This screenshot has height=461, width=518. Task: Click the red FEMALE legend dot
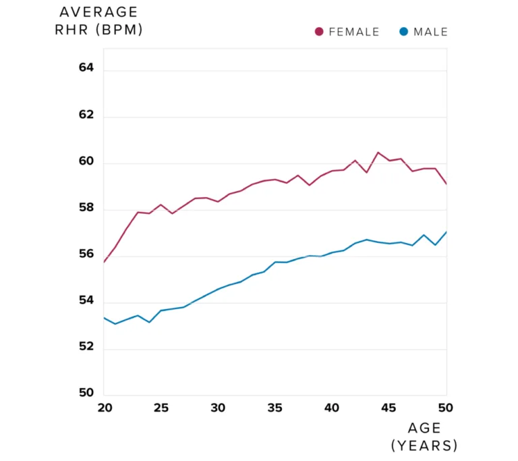click(x=319, y=32)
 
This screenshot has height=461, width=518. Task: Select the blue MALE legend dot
click(x=403, y=32)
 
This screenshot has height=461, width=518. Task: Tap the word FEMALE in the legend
click(x=353, y=32)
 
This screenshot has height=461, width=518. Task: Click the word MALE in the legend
click(x=430, y=32)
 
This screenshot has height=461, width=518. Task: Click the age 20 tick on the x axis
click(x=105, y=408)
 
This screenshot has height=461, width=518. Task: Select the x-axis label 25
click(x=161, y=408)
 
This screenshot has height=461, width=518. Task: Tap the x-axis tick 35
click(x=275, y=408)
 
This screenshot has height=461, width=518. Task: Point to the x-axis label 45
click(x=388, y=408)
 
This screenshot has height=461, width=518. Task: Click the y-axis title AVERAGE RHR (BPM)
click(x=98, y=22)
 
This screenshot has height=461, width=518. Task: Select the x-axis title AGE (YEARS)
click(x=424, y=437)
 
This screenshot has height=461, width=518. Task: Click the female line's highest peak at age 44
click(x=378, y=153)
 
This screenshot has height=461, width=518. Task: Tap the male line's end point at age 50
click(x=446, y=232)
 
